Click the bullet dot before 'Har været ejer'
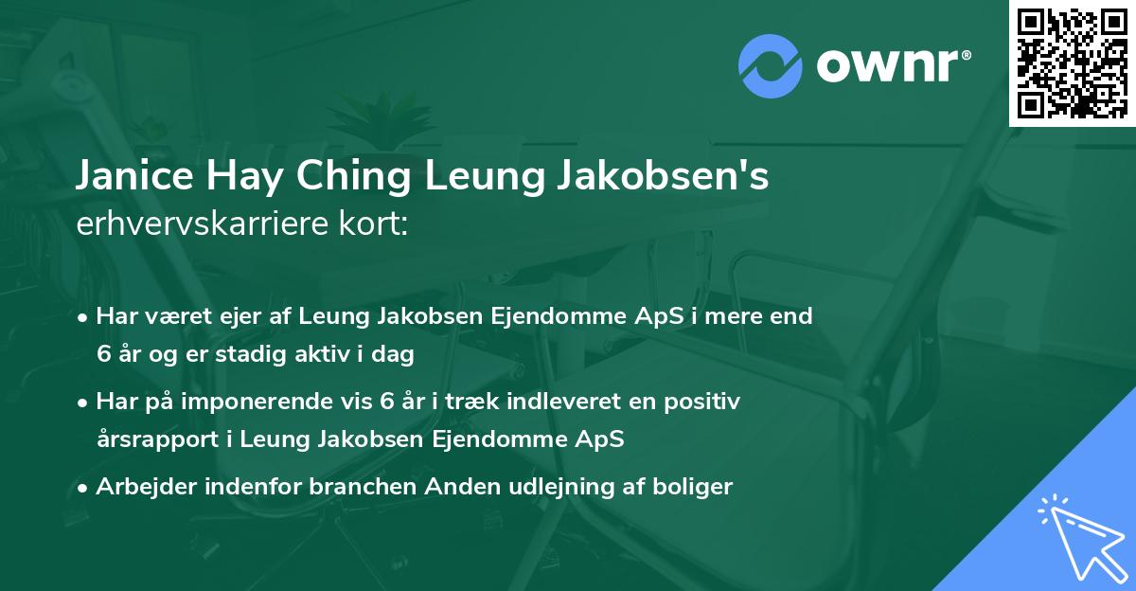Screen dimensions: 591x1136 [84, 317]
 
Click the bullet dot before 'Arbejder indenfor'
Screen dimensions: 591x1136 [84, 488]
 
